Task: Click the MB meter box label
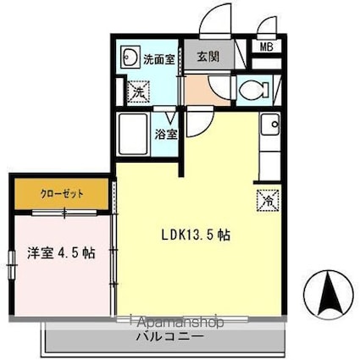(x=266, y=47)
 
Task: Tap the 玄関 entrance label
(x=208, y=58)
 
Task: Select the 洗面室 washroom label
(x=159, y=59)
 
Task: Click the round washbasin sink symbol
(x=130, y=57)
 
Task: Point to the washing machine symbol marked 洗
(x=138, y=91)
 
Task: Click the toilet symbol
(x=254, y=90)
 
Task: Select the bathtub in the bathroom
(x=133, y=134)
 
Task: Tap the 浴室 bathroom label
(x=166, y=135)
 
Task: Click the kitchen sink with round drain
(x=270, y=124)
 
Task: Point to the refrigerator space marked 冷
(x=268, y=201)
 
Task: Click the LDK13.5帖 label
(x=196, y=235)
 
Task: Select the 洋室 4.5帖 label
(x=61, y=253)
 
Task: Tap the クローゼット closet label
(x=62, y=194)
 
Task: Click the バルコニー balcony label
(x=170, y=336)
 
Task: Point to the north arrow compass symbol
(x=329, y=293)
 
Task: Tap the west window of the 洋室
(x=11, y=264)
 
